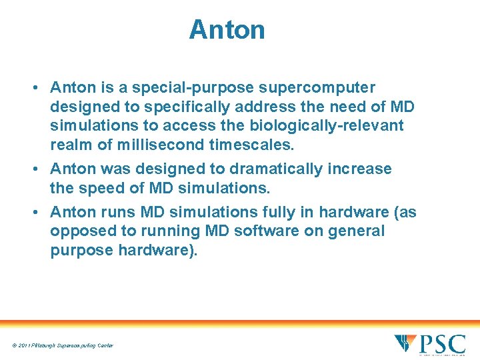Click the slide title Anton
227,30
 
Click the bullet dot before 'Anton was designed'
41,169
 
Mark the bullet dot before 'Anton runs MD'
41,212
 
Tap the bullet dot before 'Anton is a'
41,88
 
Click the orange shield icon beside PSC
405,343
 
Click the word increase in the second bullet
359,169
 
